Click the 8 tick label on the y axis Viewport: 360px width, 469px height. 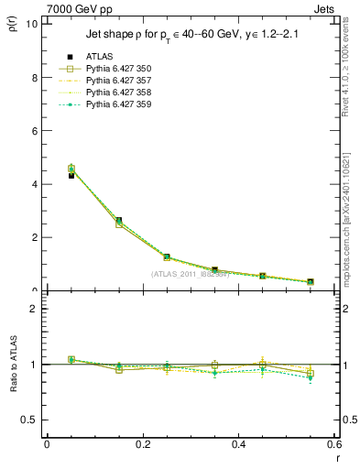34,77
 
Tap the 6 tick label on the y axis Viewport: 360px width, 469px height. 34,130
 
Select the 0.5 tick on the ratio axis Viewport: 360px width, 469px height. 29,420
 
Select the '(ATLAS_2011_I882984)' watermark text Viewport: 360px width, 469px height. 191,274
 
